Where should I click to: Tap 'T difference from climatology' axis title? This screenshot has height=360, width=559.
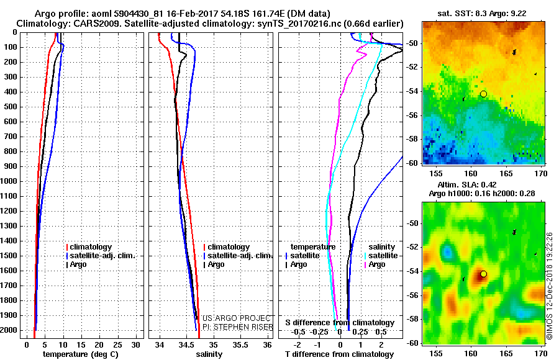coord(339,354)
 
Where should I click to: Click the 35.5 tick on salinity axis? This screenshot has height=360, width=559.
coord(240,344)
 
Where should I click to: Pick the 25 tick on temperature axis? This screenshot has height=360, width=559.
coord(118,344)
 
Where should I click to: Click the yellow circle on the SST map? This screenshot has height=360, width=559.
coord(483,94)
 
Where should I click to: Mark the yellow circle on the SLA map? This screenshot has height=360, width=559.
coord(483,274)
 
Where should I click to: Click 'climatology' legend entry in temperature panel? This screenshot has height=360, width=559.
coord(93,247)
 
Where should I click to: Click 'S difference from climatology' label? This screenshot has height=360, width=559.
coord(339,323)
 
